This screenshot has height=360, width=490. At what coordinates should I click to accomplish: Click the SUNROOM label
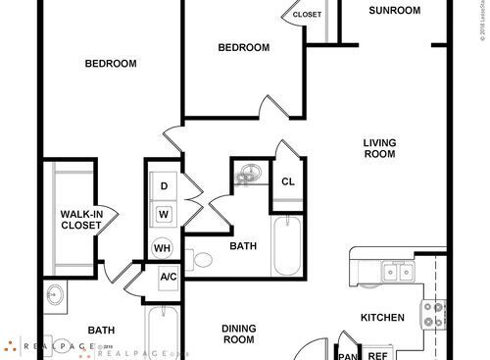[x=395, y=11]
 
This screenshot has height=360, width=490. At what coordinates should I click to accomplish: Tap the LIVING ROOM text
[x=379, y=147]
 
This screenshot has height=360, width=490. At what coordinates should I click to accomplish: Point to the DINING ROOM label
[x=238, y=334]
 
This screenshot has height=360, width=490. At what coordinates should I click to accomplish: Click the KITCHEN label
[x=383, y=317]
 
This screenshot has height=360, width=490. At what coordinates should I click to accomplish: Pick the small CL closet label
[x=288, y=180]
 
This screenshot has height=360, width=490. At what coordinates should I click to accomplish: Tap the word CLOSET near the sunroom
[x=308, y=15]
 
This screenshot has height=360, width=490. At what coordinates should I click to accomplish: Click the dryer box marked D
[x=164, y=186]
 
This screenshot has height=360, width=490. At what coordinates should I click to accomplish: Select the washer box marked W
[x=164, y=213]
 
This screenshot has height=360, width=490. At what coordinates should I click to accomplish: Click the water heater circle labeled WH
[x=162, y=248]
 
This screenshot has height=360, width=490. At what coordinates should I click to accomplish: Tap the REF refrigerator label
[x=377, y=355]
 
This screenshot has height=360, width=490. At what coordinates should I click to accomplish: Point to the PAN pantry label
[x=346, y=355]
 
